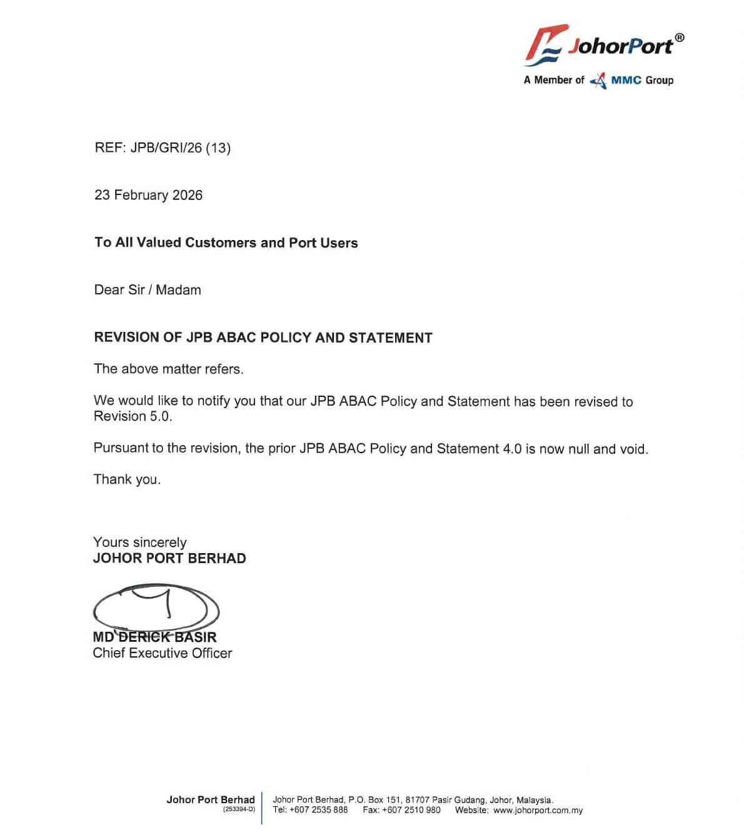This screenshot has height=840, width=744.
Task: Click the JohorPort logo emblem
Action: [x=545, y=45]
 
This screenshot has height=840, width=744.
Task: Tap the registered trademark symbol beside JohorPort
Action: [x=680, y=37]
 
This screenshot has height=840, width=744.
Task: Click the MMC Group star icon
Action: [x=598, y=81]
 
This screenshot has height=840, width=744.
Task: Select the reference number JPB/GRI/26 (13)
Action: [x=180, y=148]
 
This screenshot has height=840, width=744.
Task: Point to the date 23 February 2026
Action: [x=148, y=195]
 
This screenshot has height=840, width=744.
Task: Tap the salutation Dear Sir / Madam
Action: [x=148, y=290]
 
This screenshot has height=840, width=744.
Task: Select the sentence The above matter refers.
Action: [x=168, y=369]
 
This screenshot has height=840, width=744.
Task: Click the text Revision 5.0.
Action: [x=133, y=416]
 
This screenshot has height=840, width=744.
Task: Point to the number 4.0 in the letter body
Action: [x=512, y=449]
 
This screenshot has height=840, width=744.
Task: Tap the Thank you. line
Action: [x=127, y=479]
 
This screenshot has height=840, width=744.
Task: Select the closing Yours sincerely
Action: [x=139, y=542]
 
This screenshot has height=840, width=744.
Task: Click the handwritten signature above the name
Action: [x=156, y=607]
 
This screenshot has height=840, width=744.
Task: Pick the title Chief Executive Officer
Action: [x=162, y=653]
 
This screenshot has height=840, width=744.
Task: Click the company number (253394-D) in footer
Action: [x=239, y=809]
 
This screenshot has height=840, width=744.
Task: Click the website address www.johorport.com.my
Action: [x=538, y=810]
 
